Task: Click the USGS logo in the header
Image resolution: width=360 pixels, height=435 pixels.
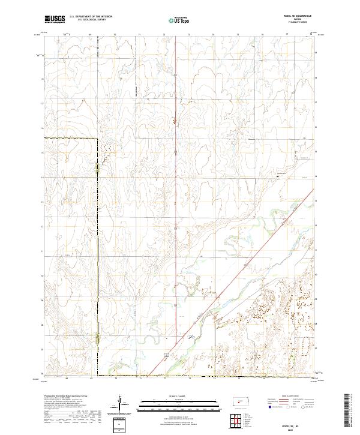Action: click(55, 19)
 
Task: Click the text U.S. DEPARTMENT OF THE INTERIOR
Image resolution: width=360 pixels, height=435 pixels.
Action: click(91, 16)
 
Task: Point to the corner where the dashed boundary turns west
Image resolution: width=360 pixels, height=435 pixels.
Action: click(98, 139)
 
